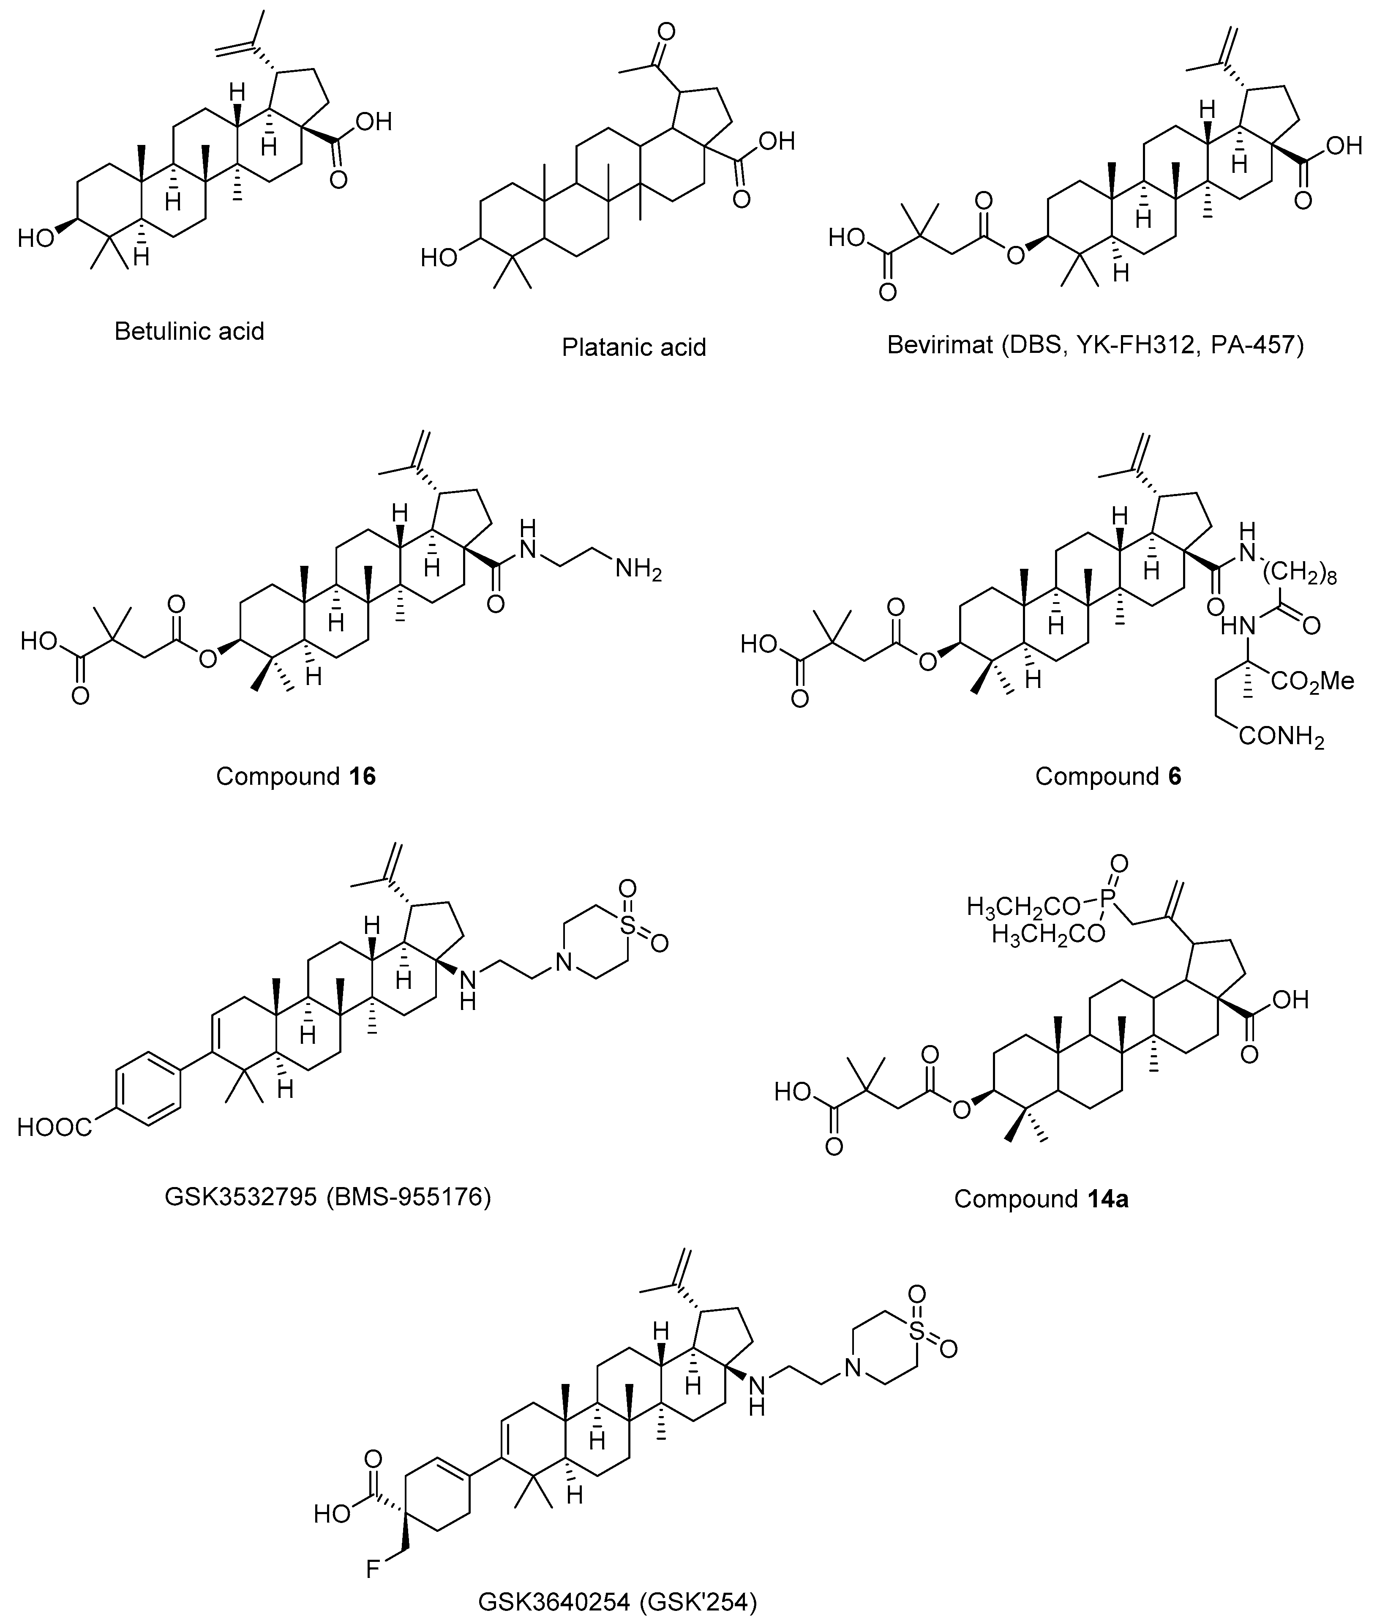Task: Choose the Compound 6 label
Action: click(x=1108, y=776)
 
